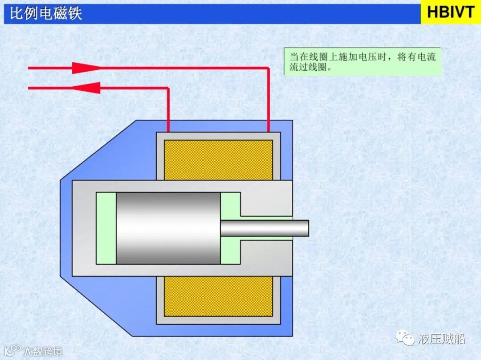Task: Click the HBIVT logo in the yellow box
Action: pos(450,12)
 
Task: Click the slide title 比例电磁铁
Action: pos(46,13)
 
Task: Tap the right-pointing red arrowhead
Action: pos(85,68)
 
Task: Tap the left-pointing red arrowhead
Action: pos(88,88)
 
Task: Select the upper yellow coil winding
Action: pos(218,160)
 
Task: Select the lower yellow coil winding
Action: pos(218,296)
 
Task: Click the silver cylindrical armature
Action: pos(168,228)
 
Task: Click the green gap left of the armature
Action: pos(106,228)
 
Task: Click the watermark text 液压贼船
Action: pos(441,339)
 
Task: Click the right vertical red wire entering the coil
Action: pos(269,100)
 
